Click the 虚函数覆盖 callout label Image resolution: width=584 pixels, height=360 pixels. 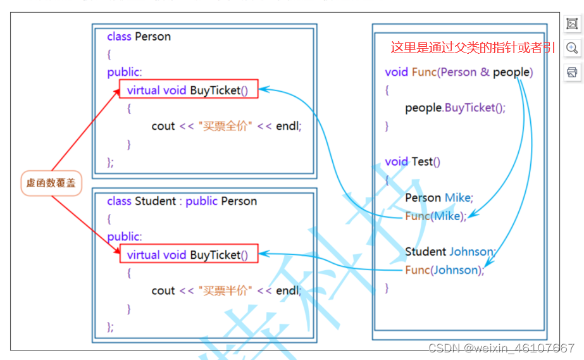coord(51,183)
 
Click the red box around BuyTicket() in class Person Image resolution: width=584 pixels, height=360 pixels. coord(189,90)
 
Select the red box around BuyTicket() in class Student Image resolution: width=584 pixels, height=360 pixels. coord(189,254)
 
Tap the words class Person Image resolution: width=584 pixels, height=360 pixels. coord(139,36)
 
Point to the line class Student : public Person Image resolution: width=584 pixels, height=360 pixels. coord(182,201)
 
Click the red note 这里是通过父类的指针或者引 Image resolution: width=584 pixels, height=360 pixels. coord(473,47)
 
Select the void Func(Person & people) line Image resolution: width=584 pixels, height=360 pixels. coord(459,71)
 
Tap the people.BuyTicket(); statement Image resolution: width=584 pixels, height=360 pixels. coord(455,108)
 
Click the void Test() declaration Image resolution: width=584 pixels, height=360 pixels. coord(413,161)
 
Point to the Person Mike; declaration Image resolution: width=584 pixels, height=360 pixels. coord(439,197)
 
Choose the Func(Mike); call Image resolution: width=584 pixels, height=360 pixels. coord(435,216)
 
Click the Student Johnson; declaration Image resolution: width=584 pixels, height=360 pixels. coord(449,252)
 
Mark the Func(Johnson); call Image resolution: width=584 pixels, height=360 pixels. coord(444,270)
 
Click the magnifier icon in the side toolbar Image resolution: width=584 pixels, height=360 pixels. coord(572,48)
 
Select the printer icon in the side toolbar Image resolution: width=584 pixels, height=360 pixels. coord(572,72)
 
